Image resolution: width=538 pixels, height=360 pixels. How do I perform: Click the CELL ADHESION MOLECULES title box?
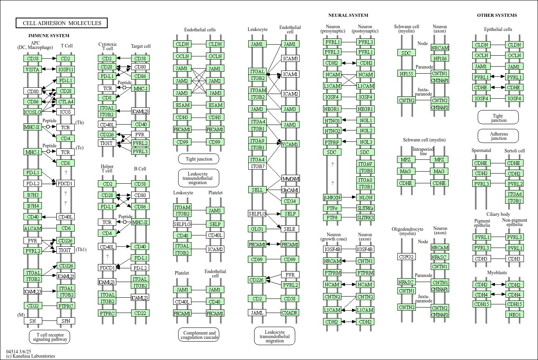tap(62, 23)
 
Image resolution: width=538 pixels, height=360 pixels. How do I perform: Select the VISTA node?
tap(32, 69)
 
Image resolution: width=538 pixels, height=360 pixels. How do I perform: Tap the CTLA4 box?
tap(65, 101)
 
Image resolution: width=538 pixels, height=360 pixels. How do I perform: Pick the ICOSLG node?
tap(32, 112)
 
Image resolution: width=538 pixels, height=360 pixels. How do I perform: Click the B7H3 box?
tap(33, 195)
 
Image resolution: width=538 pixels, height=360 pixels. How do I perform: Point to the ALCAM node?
tap(33, 228)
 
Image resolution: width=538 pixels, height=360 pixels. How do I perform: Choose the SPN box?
tap(66, 321)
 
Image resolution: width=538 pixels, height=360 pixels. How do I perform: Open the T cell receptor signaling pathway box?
tap(50, 337)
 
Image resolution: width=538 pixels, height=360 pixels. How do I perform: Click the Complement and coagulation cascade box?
tap(199, 335)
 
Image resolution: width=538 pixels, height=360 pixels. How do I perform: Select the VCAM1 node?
tap(290, 144)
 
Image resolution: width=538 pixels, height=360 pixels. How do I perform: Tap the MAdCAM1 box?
tap(291, 179)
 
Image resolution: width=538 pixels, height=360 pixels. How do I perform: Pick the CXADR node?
tap(290, 313)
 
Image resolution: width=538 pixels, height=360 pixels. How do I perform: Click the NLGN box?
tap(365, 197)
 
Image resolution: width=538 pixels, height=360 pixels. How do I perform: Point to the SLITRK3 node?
tap(365, 217)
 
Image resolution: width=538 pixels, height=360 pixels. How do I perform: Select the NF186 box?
tap(440, 58)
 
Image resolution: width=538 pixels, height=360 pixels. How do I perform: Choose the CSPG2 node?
tap(406, 257)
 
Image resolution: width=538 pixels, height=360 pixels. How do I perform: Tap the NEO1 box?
tap(515, 315)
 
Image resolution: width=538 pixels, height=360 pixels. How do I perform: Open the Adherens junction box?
tap(498, 136)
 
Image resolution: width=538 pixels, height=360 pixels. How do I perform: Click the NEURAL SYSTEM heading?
tap(348, 15)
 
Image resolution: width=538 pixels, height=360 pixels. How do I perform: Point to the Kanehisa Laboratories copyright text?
tap(31, 356)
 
